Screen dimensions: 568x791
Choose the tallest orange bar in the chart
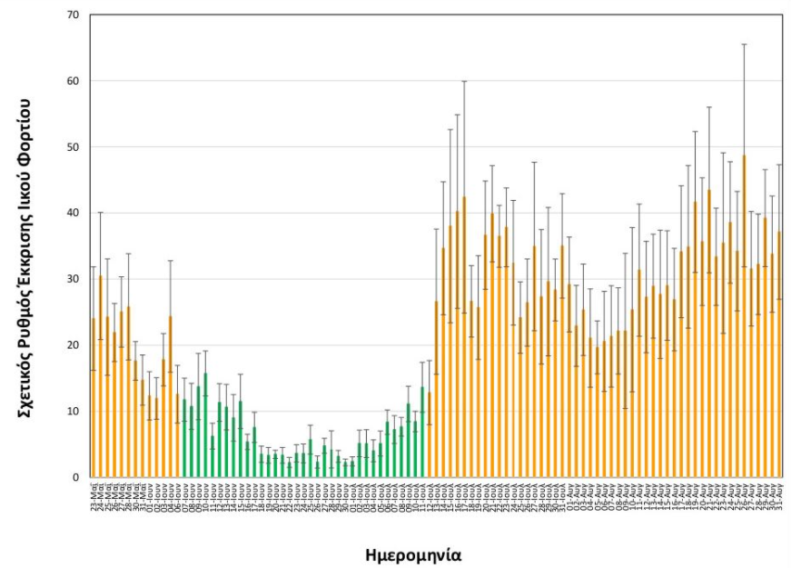(x=745, y=318)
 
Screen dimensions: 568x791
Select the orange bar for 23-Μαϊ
(x=94, y=400)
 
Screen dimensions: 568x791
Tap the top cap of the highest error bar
(x=745, y=44)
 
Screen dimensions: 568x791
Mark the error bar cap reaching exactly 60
(x=464, y=81)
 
